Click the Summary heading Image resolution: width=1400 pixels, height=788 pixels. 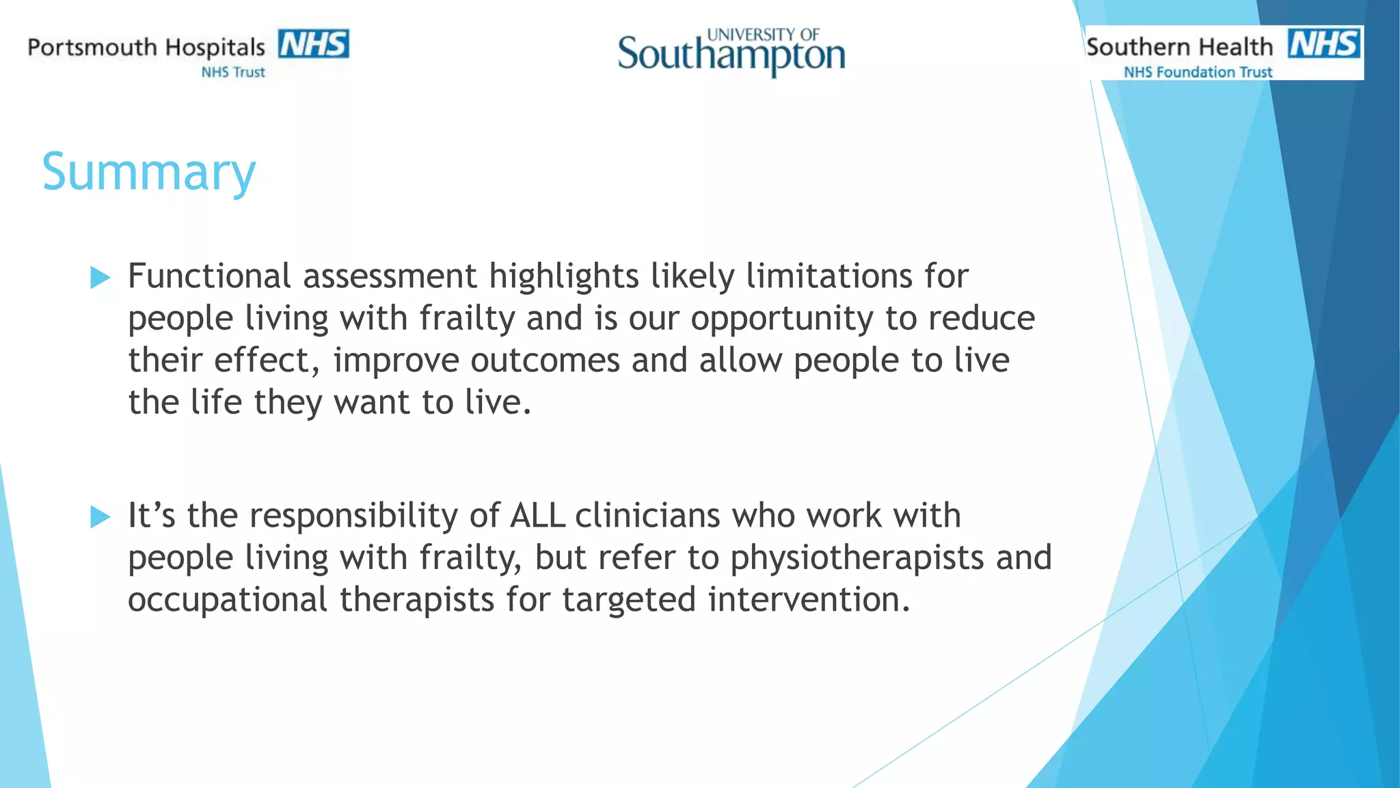tap(149, 172)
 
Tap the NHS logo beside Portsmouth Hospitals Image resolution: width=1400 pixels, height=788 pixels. tap(314, 44)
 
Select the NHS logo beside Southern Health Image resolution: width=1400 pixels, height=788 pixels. tap(1324, 43)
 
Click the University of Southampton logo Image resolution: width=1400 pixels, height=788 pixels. tap(731, 52)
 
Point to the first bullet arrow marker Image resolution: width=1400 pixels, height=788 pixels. tap(100, 278)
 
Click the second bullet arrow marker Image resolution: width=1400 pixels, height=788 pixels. tap(100, 517)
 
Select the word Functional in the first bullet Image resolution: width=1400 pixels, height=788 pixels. tap(210, 276)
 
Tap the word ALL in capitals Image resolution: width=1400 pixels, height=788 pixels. tap(537, 516)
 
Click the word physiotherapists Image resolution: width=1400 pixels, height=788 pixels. tap(857, 558)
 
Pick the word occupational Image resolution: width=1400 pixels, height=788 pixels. tap(228, 600)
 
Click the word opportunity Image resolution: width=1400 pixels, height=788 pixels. tap(782, 319)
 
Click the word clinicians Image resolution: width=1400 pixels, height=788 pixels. tap(647, 516)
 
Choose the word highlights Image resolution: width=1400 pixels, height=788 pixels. tap(564, 276)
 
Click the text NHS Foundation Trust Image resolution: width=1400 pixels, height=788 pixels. tap(1198, 72)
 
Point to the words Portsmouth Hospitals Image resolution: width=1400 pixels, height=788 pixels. tap(146, 47)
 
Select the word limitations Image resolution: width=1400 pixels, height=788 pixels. tap(829, 276)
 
